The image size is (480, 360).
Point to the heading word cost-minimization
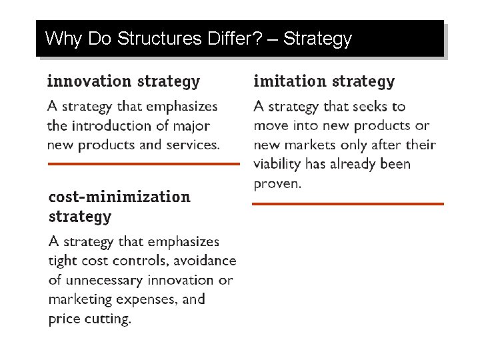click(119, 197)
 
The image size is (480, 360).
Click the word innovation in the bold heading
click(89, 81)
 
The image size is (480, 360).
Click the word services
click(193, 145)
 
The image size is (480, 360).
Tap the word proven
click(277, 183)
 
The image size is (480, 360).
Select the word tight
click(63, 261)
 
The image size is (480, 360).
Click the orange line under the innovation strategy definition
click(143, 163)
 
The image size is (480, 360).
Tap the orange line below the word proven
click(347, 203)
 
